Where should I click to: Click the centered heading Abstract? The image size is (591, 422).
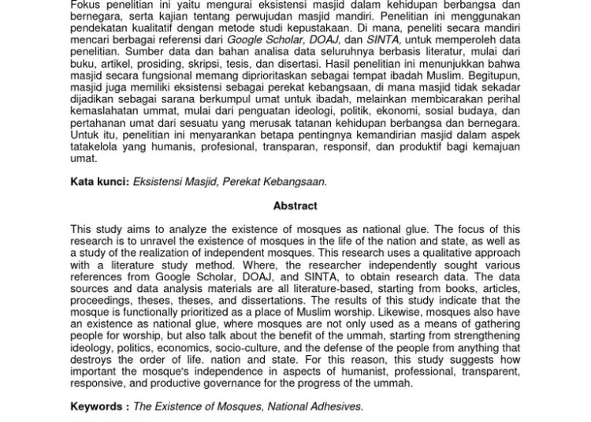295,206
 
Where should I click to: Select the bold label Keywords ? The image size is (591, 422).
99,406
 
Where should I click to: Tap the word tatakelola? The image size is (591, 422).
95,146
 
